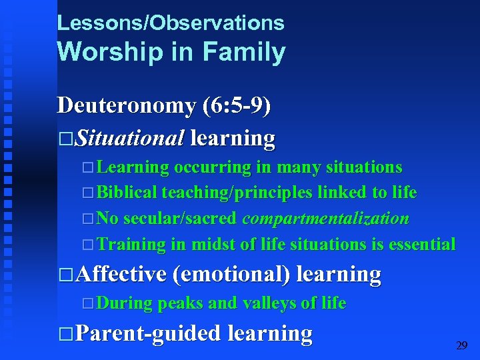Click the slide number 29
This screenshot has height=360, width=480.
[x=461, y=345]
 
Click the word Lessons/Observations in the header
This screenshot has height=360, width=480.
[x=171, y=23]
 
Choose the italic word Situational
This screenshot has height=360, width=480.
[x=129, y=139]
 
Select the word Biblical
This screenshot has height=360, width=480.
[x=127, y=193]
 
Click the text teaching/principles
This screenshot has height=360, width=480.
[x=237, y=193]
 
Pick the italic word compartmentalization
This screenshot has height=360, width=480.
[x=325, y=219]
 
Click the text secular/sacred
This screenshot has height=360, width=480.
[x=179, y=219]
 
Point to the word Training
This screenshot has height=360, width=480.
[x=131, y=245]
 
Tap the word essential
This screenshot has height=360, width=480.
[x=421, y=245]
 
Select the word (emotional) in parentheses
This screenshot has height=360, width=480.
[x=230, y=274]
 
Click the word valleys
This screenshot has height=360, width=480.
[x=271, y=303]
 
